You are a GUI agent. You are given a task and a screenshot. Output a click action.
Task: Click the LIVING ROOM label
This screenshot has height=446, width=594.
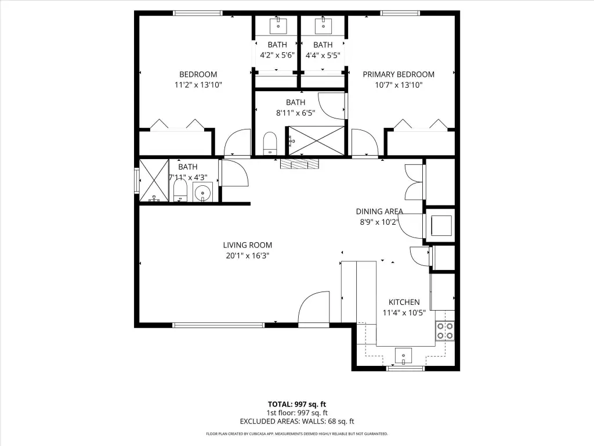click(247, 245)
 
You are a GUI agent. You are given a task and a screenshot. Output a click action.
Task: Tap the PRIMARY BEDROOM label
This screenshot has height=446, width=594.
click(399, 74)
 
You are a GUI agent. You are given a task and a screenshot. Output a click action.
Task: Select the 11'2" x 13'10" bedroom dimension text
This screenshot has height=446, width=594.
click(198, 85)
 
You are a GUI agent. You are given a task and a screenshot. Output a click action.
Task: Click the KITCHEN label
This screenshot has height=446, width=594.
click(404, 302)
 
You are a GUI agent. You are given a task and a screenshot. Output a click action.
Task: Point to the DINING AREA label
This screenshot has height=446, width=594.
click(379, 211)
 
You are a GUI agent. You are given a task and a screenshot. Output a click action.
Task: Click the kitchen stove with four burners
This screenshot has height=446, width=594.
click(445, 330)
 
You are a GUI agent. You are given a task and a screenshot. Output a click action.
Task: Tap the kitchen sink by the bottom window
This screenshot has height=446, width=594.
click(404, 356)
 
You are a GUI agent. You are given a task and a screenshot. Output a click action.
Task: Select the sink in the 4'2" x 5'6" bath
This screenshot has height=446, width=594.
click(278, 26)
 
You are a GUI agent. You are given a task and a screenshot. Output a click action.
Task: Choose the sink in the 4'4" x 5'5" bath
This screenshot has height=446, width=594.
click(324, 26)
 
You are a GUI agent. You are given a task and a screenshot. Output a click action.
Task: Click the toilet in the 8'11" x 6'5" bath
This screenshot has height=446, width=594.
click(270, 143)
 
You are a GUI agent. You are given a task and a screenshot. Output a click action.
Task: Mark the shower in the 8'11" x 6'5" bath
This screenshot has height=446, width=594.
click(317, 141)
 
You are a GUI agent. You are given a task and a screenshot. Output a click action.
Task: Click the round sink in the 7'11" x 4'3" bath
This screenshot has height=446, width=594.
click(202, 192)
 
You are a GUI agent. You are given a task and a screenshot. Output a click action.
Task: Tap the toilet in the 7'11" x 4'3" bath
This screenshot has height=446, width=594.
click(180, 190)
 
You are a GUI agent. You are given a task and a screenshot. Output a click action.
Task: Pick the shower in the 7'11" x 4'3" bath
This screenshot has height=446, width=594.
click(154, 181)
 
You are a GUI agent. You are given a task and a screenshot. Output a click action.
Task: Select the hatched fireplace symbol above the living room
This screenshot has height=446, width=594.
click(300, 164)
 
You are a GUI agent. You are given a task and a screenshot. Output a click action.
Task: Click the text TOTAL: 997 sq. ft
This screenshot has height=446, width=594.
click(297, 404)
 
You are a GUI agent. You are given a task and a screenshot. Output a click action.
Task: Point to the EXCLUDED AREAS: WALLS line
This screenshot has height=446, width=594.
click(297, 422)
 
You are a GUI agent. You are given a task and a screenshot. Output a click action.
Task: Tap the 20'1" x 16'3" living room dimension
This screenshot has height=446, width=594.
click(247, 256)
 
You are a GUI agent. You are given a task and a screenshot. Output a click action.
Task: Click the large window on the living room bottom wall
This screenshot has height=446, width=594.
click(218, 325)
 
